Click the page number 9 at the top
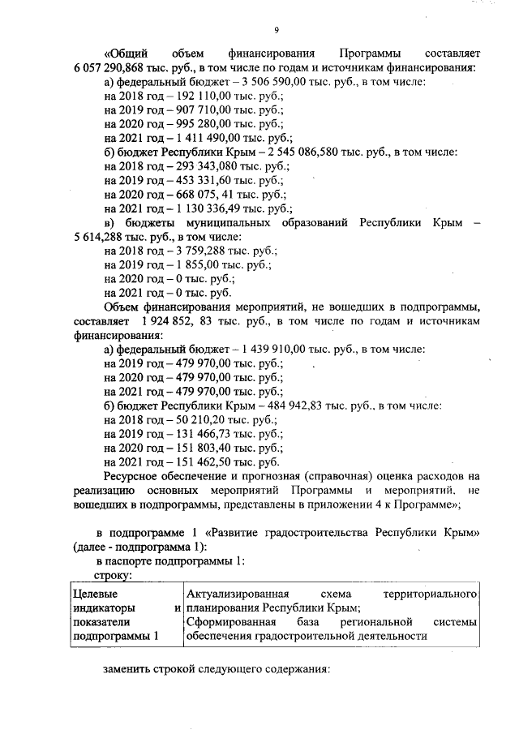[x=276, y=30]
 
